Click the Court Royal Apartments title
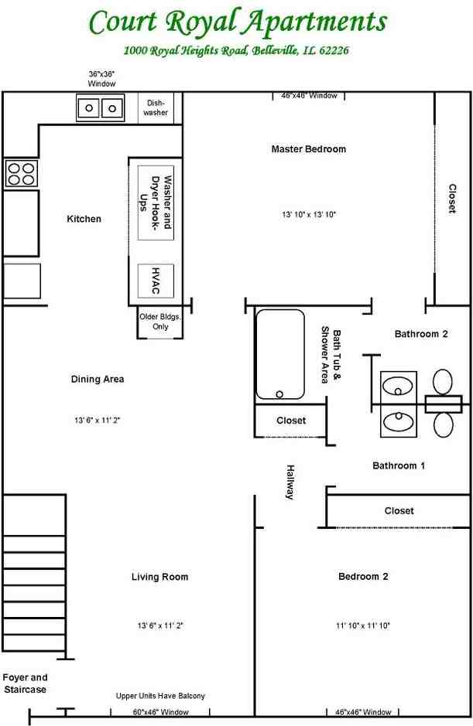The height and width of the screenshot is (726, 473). click(237, 23)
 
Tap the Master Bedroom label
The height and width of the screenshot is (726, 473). click(308, 148)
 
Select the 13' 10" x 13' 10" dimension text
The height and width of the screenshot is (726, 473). click(308, 214)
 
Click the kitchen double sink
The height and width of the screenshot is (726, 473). click(101, 107)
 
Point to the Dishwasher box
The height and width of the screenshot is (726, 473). click(156, 107)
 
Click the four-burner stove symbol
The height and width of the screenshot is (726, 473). click(21, 173)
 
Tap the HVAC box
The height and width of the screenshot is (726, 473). click(156, 281)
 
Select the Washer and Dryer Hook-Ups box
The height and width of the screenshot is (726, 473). click(156, 203)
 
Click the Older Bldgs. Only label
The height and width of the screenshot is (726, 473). click(160, 322)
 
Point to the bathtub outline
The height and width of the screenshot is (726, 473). click(280, 354)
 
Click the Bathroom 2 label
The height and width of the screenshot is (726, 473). click(421, 334)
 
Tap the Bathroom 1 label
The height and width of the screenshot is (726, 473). click(399, 465)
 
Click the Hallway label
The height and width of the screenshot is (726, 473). click(290, 482)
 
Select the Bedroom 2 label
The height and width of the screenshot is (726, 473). click(363, 576)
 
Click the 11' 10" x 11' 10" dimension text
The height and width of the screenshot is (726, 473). click(363, 625)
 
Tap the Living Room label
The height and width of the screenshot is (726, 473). click(159, 577)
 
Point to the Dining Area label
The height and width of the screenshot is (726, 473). click(98, 379)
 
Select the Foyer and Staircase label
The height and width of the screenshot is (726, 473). click(25, 683)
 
